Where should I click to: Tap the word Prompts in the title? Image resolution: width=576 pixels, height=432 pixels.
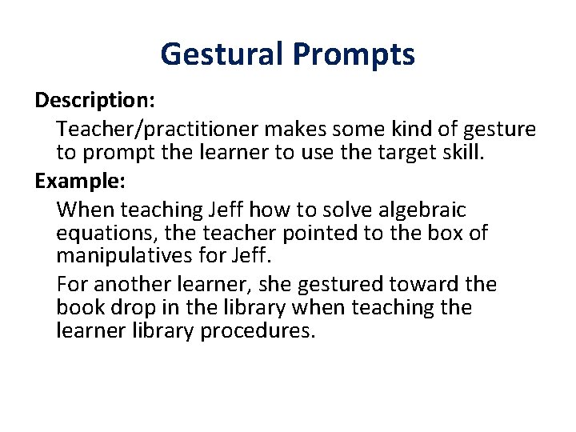pos(353,54)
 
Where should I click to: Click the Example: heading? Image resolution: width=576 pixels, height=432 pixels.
pos(80,180)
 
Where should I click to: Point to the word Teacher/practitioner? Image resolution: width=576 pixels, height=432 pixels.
pos(159,128)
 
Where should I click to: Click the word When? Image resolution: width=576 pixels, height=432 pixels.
pos(81,210)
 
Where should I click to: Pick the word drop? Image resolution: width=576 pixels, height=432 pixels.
pos(124,307)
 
